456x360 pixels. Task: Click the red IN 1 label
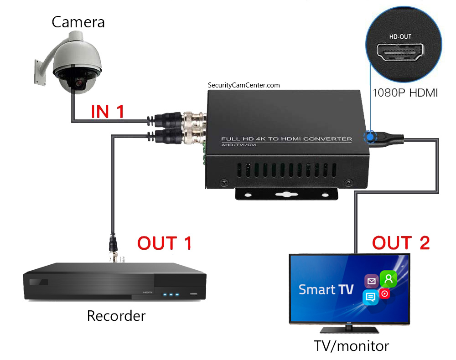pos(108,112)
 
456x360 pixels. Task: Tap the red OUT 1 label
pos(165,243)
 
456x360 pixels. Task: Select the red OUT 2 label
pos(401,243)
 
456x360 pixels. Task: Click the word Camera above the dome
pos(78,22)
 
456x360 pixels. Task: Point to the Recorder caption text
pos(116,315)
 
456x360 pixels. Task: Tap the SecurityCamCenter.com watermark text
pos(244,85)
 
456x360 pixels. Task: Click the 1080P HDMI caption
pos(405,93)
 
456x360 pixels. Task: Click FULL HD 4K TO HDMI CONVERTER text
pos(286,139)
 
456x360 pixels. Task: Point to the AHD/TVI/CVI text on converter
pos(233,144)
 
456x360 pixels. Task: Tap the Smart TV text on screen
pos(326,289)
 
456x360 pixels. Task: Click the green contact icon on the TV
pos(389,278)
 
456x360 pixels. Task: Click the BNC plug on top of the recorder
pos(113,248)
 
